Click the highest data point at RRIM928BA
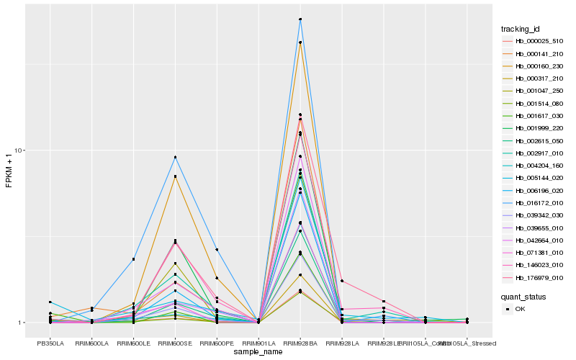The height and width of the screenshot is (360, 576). coord(300,19)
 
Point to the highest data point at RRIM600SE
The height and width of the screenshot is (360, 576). coord(175,157)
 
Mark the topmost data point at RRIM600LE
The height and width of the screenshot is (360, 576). coord(133,259)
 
